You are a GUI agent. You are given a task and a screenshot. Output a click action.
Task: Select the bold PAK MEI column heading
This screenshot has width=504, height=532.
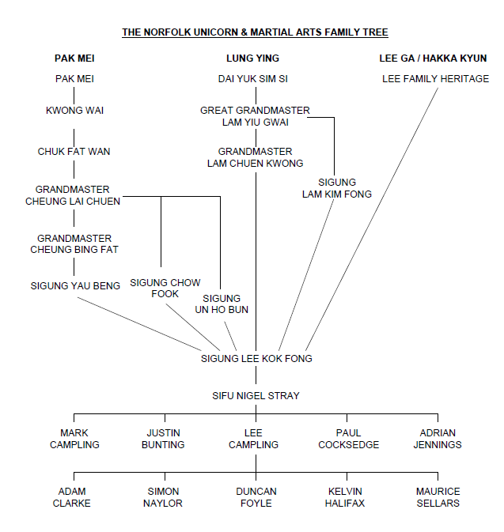(74, 58)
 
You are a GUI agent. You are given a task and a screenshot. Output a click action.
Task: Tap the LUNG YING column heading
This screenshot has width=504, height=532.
(255, 58)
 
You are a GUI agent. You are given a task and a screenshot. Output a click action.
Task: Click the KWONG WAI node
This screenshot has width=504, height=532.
(74, 111)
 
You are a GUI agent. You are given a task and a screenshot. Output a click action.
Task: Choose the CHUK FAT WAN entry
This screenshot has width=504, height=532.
(74, 151)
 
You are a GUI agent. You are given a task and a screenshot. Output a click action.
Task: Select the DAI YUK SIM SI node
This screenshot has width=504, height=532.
(255, 79)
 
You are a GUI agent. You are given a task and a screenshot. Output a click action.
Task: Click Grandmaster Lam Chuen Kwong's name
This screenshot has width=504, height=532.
(255, 157)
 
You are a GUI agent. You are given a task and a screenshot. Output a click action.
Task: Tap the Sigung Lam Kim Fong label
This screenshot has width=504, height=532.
(336, 188)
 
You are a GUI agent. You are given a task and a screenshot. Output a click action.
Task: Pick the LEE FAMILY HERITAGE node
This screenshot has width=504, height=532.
(435, 79)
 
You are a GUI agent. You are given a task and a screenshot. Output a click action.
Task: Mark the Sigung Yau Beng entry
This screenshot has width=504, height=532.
(75, 285)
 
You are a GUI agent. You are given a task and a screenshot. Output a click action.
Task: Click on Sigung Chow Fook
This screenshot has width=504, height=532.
(165, 288)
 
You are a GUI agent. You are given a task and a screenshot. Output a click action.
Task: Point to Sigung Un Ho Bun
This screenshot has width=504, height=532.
(222, 304)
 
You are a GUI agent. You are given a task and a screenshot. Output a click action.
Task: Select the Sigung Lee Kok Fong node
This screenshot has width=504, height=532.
(256, 358)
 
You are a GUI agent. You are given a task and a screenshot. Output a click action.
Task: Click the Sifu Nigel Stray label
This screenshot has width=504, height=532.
(255, 395)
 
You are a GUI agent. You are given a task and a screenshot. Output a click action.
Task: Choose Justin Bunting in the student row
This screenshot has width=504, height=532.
(165, 439)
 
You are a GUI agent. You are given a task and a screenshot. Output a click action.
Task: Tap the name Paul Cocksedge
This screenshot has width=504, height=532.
(348, 439)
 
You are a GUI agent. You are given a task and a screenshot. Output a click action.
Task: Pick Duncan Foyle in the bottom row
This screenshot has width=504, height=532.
(256, 497)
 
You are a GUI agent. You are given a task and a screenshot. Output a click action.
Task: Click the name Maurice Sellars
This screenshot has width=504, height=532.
(438, 497)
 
